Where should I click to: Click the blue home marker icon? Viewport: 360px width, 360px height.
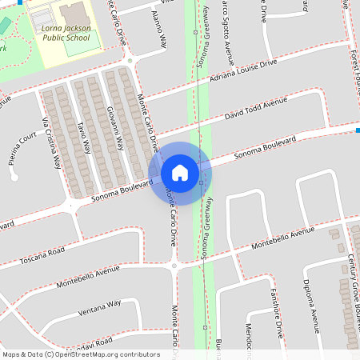pyautogui.click(x=179, y=173)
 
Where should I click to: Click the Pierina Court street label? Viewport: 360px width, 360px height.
pyautogui.click(x=23, y=148)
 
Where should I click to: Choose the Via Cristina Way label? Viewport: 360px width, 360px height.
pyautogui.click(x=51, y=144)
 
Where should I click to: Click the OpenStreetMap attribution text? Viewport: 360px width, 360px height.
pyautogui.click(x=81, y=354)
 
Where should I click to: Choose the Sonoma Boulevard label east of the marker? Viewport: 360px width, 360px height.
pyautogui.click(x=264, y=150)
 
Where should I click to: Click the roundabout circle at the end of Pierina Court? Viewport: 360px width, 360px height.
pyautogui.click(x=14, y=178)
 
